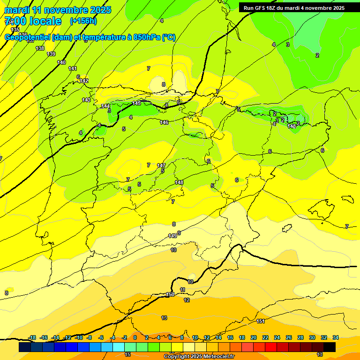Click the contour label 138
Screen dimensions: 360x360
[40, 48]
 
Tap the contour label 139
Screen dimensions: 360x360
[51, 54]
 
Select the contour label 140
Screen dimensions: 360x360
[61, 62]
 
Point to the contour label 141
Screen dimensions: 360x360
[73, 68]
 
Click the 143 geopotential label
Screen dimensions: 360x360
[86, 100]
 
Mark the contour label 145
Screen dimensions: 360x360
[136, 103]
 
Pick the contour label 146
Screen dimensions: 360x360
[164, 122]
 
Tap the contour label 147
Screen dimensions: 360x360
[161, 165]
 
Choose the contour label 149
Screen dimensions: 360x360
[172, 236]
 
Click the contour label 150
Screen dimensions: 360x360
[170, 294]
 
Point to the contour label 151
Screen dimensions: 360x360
[261, 321]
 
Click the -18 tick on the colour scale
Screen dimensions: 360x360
[32, 337]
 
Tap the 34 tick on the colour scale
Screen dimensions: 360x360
[336, 337]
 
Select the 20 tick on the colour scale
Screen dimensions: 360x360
[254, 337]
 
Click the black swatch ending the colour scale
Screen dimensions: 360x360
[329, 347]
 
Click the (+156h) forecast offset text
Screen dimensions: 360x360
[83, 21]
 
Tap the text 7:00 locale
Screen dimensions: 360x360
[33, 21]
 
